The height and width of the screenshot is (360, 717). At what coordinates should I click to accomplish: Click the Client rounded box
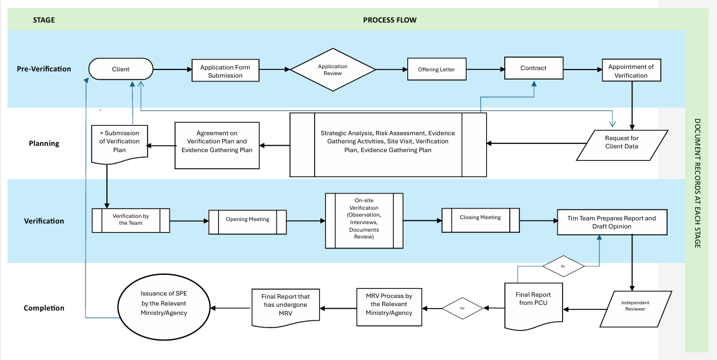[121, 69]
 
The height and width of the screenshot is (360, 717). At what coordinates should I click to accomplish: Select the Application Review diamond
[333, 69]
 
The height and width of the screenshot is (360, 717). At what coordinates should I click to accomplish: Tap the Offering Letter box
[437, 69]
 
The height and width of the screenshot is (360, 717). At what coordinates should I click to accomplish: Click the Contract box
[534, 68]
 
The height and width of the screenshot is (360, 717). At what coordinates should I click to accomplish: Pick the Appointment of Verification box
[631, 71]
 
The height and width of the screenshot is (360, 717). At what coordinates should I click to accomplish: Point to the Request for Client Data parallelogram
[622, 145]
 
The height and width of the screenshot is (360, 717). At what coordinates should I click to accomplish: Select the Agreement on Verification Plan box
[216, 145]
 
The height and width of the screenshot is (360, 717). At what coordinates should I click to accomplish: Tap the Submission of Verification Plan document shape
[119, 145]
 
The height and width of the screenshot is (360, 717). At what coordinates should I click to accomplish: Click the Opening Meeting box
[247, 222]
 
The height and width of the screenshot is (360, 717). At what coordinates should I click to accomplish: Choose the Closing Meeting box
[480, 220]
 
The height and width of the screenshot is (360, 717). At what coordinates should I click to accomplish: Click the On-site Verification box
[364, 220]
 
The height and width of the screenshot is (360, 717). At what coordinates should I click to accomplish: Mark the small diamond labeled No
[563, 265]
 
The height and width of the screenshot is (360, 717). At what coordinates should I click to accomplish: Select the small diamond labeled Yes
[462, 308]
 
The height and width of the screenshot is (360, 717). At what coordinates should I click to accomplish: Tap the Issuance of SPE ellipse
[164, 304]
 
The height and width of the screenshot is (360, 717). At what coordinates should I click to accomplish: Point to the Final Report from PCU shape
[533, 304]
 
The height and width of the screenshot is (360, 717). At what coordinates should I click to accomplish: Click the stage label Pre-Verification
[44, 69]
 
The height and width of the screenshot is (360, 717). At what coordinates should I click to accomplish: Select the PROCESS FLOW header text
[390, 20]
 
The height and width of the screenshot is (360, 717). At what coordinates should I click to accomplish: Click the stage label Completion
[44, 308]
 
